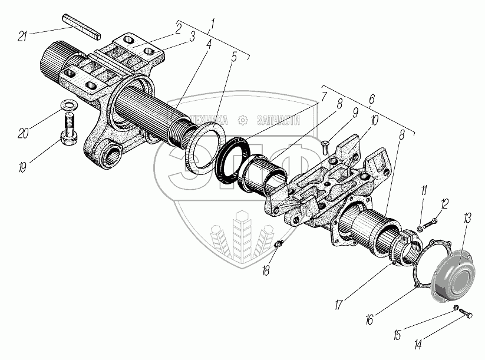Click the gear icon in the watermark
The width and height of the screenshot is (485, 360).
pyautogui.click(x=241, y=120)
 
